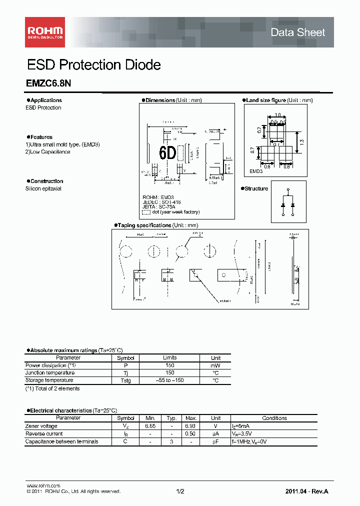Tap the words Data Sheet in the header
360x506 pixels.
point(297,32)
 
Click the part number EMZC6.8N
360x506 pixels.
point(48,85)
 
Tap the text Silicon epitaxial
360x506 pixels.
point(44,188)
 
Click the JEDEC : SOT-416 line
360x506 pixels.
point(161,202)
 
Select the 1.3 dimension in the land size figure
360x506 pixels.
point(302,142)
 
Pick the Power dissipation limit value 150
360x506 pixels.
point(169,365)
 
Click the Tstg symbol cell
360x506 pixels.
point(125,380)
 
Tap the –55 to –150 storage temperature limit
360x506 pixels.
point(169,380)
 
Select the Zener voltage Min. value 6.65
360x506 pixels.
point(150,426)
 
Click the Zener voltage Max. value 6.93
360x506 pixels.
point(190,426)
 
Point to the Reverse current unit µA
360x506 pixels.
point(215,434)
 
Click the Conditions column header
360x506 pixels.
point(274,418)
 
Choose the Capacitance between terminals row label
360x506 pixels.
point(61,441)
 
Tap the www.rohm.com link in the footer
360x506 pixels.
point(43,485)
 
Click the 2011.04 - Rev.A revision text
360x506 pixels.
point(306,491)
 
